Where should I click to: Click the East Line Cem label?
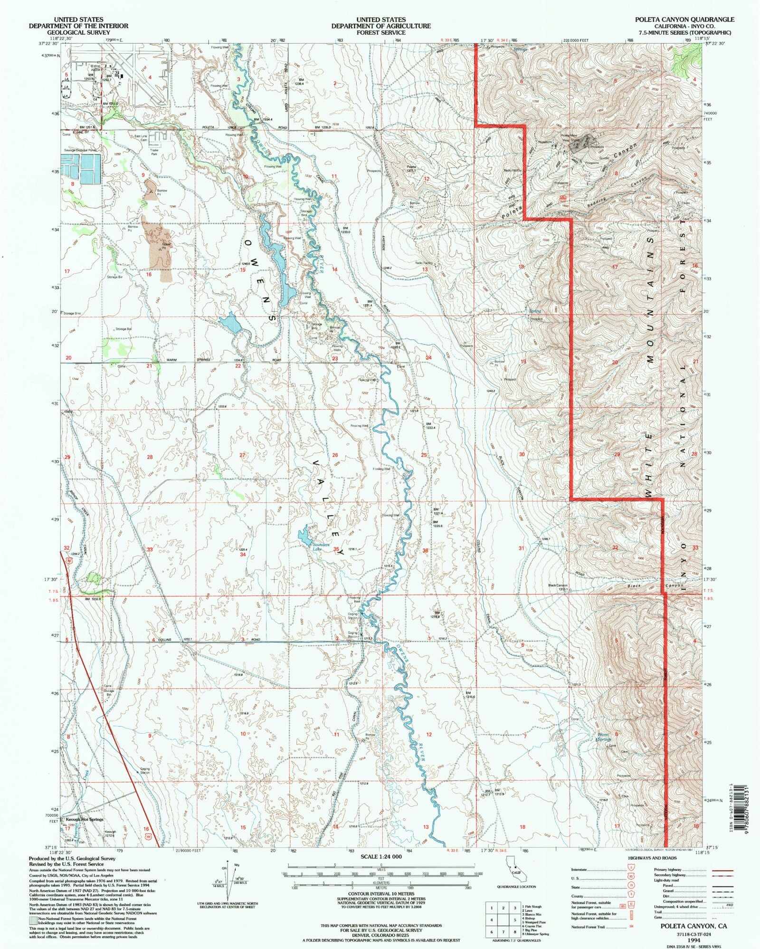pos(141,138)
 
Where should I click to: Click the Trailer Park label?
pos(154,153)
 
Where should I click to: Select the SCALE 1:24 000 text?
pos(381,856)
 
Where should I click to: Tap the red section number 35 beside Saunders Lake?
pos(336,549)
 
